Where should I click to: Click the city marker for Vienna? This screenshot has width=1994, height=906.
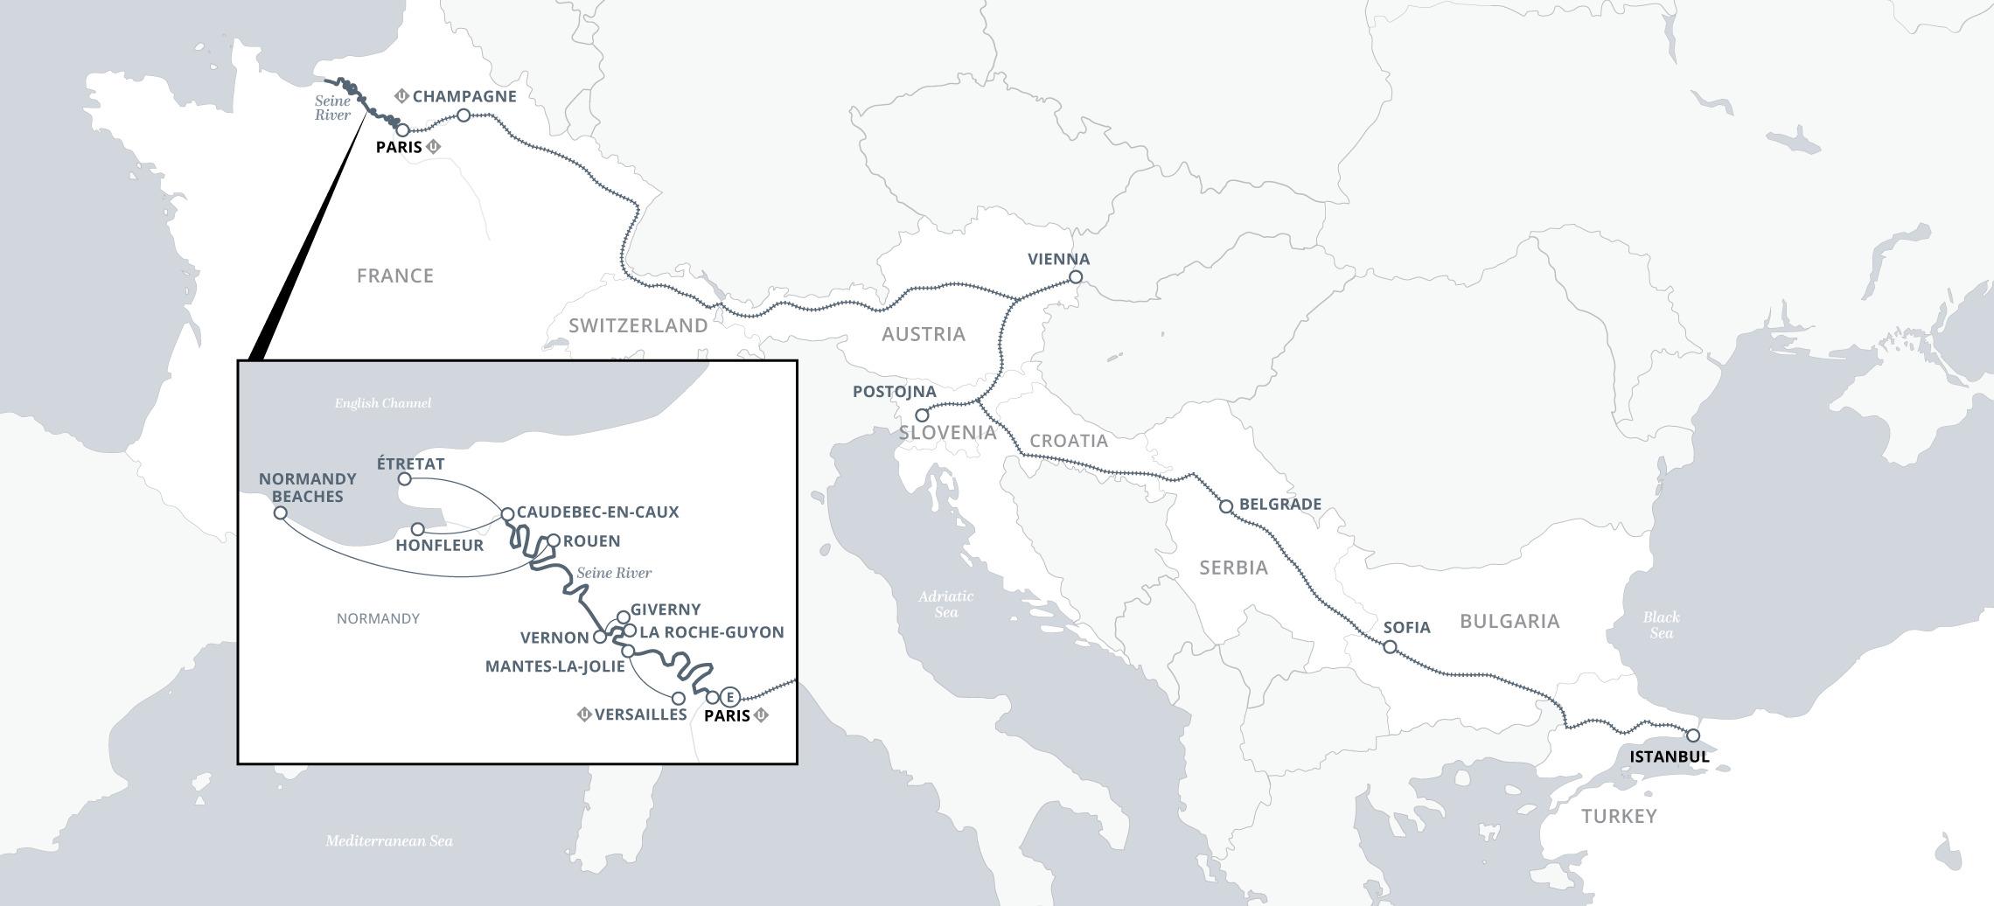1076,277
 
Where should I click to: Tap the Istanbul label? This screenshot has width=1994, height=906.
1669,756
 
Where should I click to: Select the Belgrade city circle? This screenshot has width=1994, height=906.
1226,506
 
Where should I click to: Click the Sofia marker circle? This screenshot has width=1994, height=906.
1390,647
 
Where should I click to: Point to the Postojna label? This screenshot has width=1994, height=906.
894,392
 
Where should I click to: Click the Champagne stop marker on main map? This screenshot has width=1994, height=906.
464,115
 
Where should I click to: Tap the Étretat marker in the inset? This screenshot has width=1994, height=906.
404,479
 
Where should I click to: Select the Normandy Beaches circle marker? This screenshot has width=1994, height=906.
280,512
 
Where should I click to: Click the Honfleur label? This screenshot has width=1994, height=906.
439,546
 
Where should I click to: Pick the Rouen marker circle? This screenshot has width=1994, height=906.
553,540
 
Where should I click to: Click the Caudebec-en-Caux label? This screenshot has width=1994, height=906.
597,512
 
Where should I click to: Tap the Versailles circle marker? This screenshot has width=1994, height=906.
678,699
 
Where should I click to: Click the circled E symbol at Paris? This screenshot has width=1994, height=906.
730,697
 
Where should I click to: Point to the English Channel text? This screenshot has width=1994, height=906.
383,403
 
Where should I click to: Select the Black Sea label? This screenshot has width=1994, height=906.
1661,625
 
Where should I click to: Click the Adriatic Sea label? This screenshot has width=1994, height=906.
945,604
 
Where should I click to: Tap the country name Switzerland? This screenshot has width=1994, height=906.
638,326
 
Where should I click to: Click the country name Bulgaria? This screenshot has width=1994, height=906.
1509,622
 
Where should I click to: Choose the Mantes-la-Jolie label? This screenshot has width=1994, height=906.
554,666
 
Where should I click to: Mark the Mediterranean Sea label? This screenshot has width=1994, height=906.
389,841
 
